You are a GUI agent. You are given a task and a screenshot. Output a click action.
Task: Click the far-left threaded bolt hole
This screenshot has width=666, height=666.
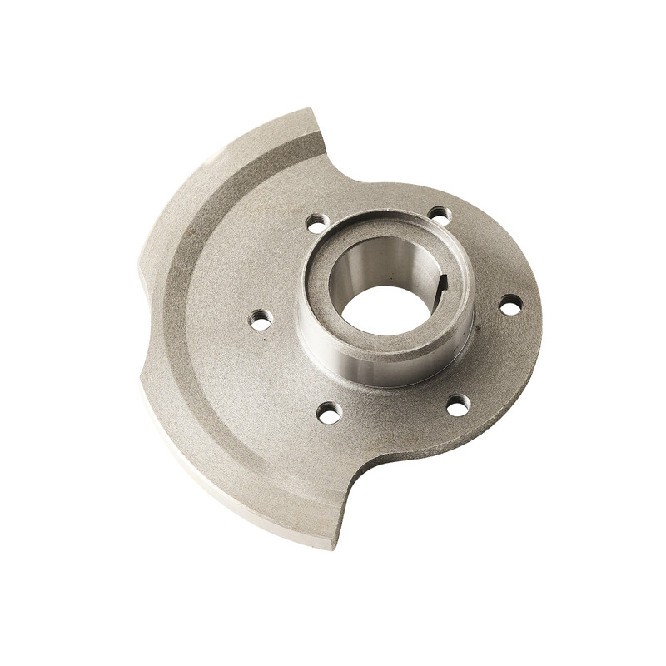pos(261,319)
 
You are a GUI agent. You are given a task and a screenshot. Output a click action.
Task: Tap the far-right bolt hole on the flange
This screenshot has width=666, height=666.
pos(510,305)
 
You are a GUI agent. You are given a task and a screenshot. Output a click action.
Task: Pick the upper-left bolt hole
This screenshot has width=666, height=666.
pos(317,223)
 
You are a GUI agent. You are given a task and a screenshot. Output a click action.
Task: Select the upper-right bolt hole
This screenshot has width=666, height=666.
pos(440,216)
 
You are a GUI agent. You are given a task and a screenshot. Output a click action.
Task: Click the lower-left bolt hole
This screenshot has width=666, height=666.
pos(330,411)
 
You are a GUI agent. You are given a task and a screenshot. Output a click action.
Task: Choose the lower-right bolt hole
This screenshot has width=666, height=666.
pos(458,405)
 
